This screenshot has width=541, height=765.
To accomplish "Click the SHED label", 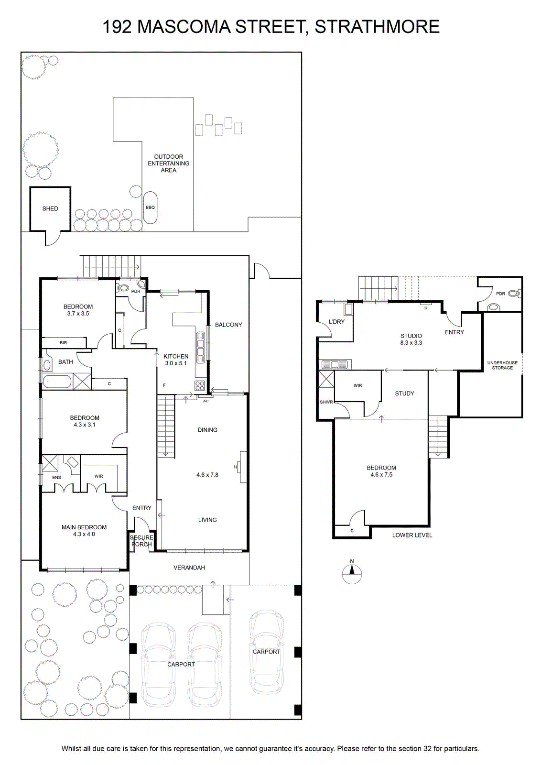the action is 50,208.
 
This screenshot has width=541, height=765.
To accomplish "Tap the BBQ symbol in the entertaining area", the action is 150,208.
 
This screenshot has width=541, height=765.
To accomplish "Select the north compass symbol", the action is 352,573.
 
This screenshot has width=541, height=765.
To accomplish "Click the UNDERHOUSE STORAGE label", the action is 502,365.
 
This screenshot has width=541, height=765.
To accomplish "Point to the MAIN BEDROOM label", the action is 84,530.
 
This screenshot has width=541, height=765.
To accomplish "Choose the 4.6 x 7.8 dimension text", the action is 207,475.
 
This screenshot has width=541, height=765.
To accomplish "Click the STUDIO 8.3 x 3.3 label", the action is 411,339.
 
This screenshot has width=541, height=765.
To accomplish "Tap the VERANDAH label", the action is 189,568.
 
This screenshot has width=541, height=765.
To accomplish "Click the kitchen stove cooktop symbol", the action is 200,386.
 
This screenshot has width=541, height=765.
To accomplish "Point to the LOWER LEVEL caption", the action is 412,535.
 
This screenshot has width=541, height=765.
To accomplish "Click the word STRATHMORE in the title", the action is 377,27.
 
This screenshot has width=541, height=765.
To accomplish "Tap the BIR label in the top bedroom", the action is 64,342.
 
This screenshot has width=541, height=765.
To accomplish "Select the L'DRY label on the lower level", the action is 336,322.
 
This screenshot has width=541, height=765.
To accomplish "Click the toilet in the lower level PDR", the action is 514,293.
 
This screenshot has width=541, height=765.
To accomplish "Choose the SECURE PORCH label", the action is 141,541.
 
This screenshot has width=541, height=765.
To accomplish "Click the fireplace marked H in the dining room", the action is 243,467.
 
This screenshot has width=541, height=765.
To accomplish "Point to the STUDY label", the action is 404,393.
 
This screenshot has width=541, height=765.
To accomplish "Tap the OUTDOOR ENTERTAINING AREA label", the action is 168,163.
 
